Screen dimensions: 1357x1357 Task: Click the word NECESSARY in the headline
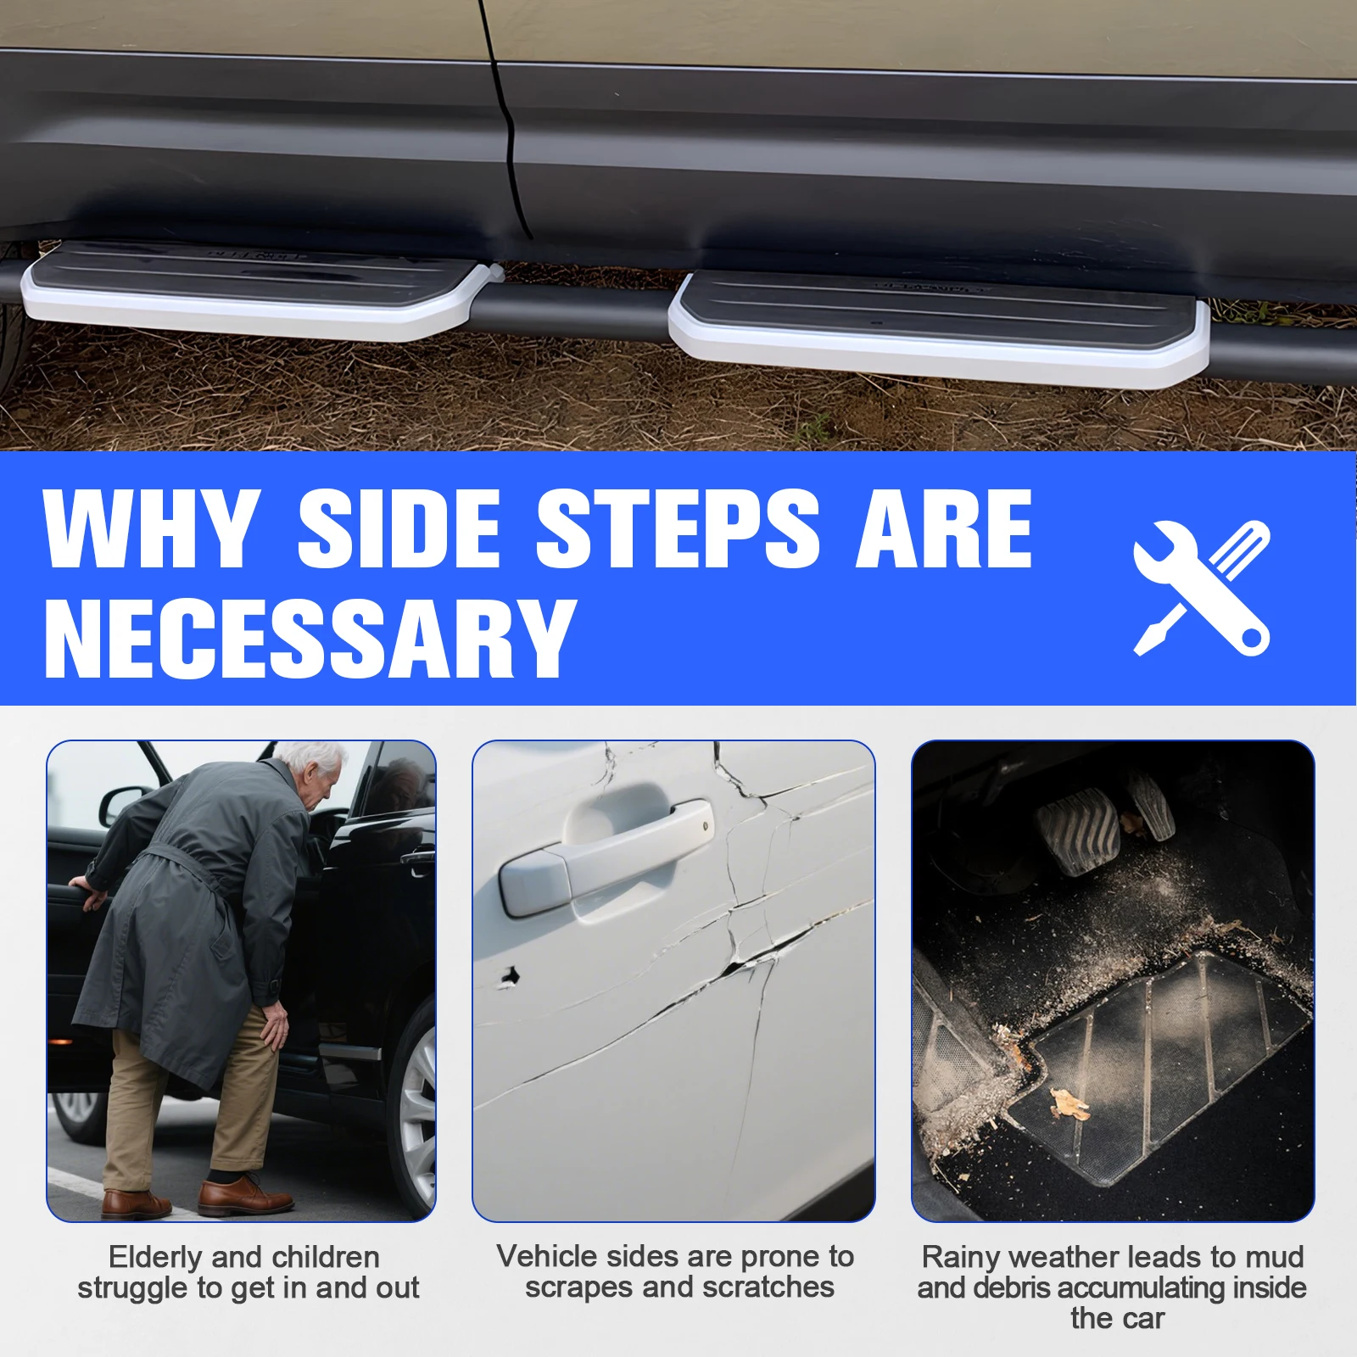tap(310, 638)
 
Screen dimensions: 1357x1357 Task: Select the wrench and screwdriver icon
tap(1201, 587)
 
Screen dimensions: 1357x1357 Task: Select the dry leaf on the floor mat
tap(1069, 1103)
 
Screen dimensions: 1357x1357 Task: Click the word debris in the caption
tap(1008, 1288)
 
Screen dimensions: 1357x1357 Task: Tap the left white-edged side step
tap(254, 293)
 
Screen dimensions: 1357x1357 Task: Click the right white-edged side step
tap(937, 327)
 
